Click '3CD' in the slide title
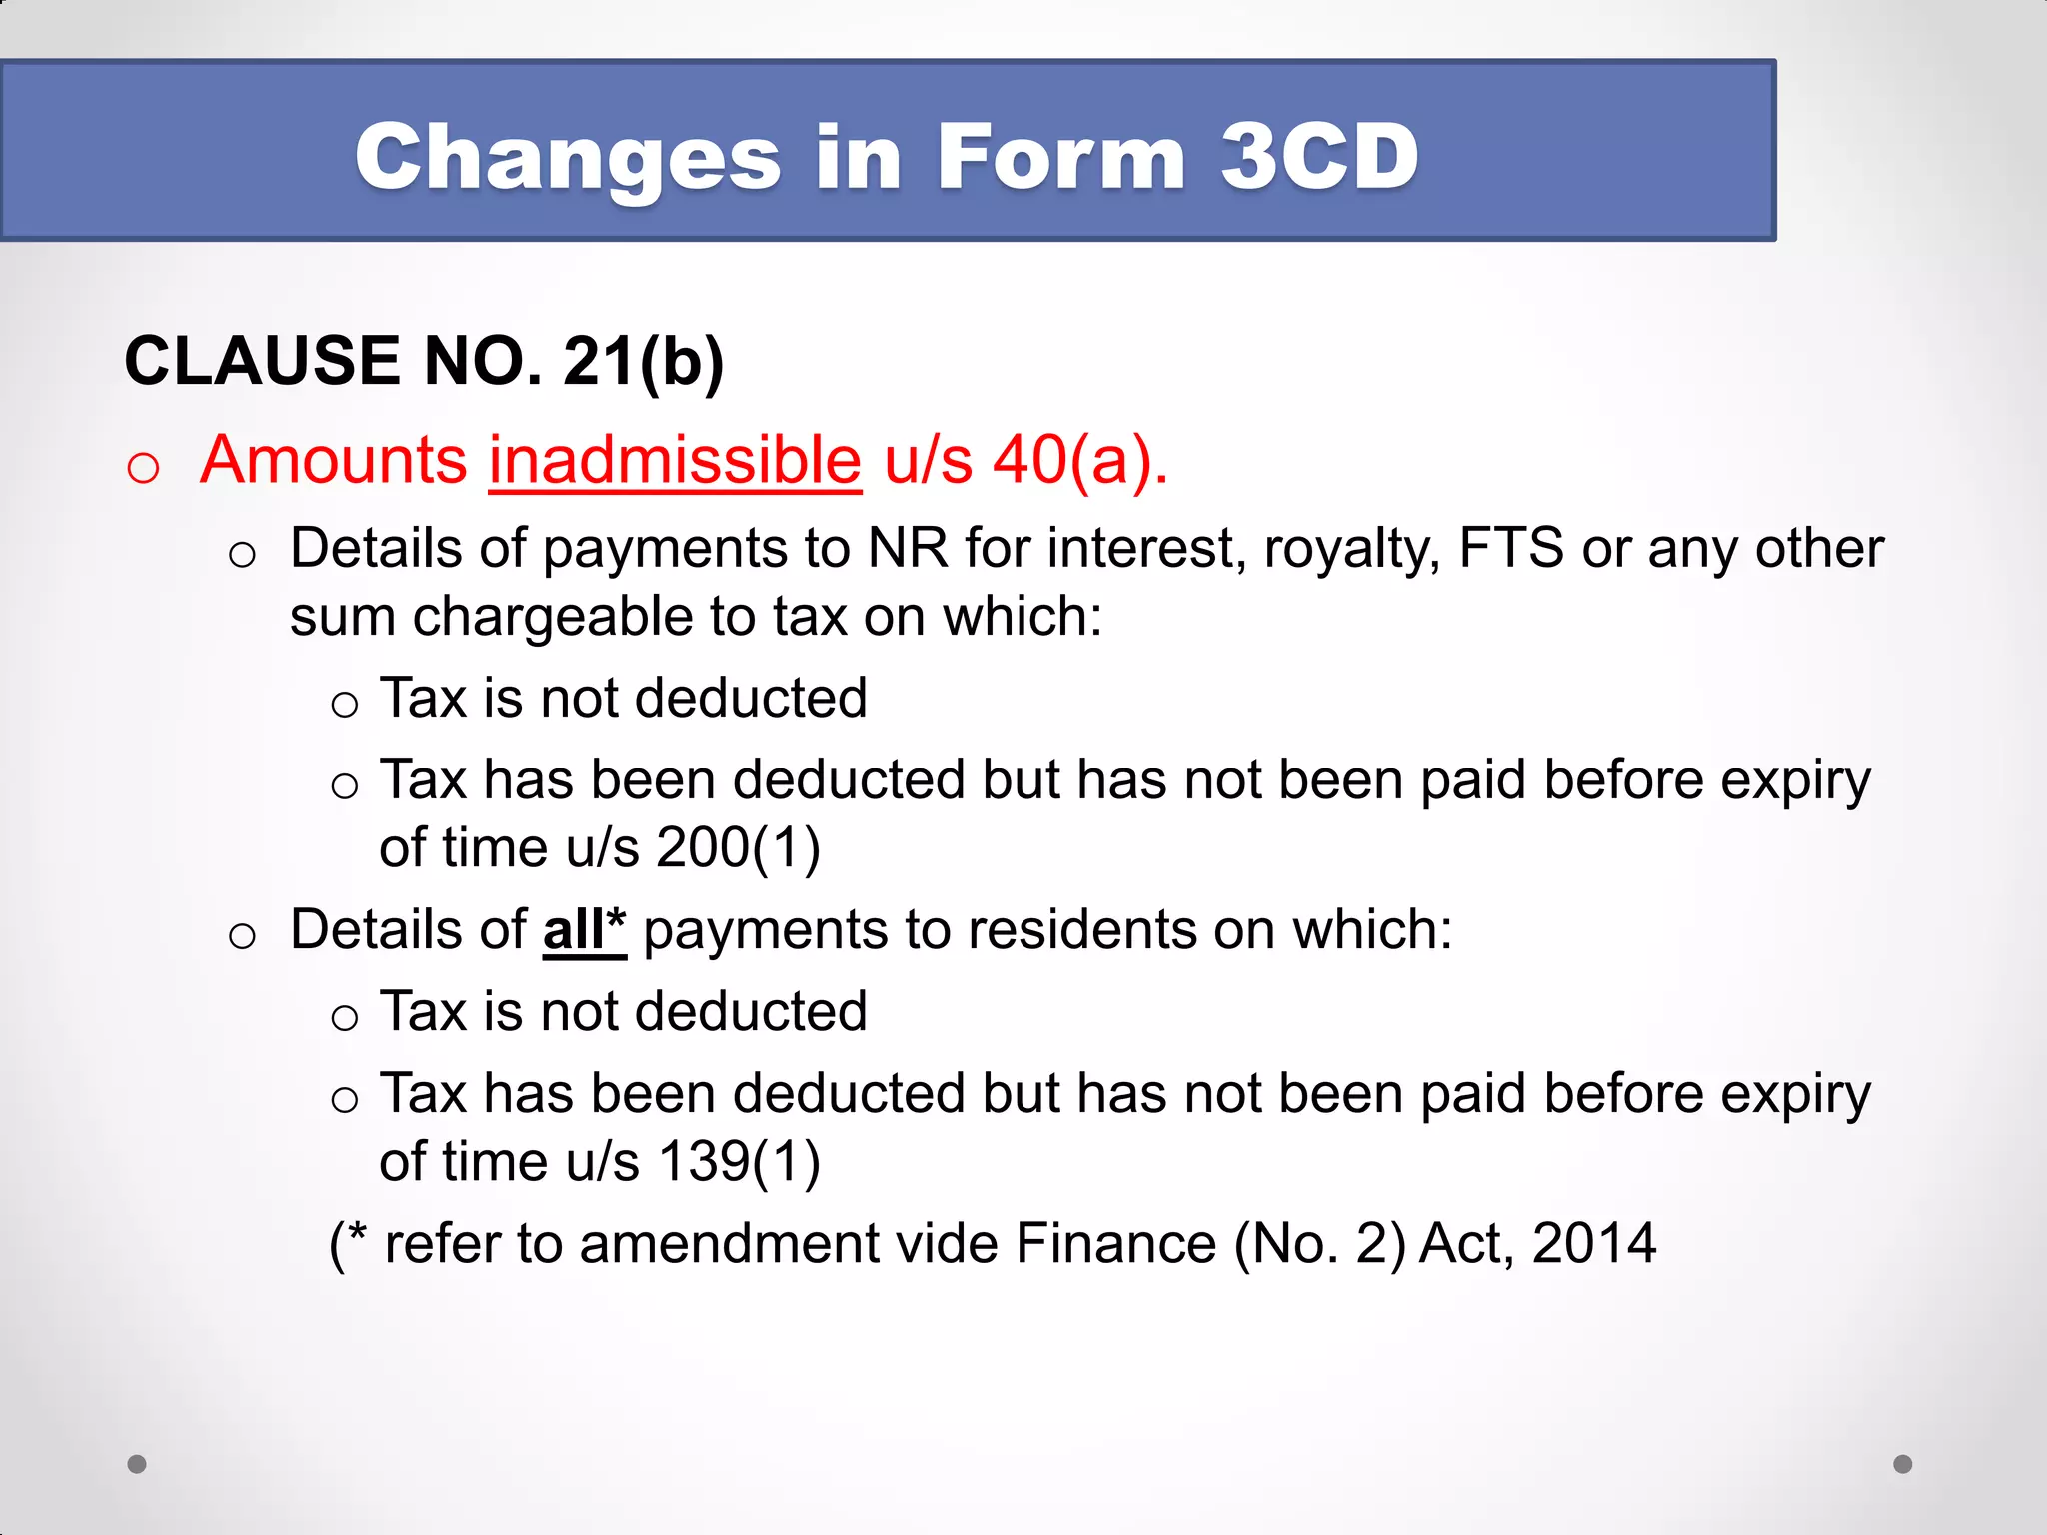click(x=1319, y=157)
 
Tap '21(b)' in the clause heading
click(x=643, y=361)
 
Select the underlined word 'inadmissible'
click(x=675, y=461)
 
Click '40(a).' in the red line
click(x=1080, y=461)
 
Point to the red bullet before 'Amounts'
click(x=143, y=467)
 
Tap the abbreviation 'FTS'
click(x=1511, y=549)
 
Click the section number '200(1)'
click(x=739, y=848)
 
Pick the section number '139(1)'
click(x=739, y=1162)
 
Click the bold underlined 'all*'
click(x=584, y=930)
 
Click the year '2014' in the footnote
click(x=1593, y=1244)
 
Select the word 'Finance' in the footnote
click(x=1115, y=1244)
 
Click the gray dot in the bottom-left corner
click(x=137, y=1464)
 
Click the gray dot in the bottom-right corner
click(x=1903, y=1464)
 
